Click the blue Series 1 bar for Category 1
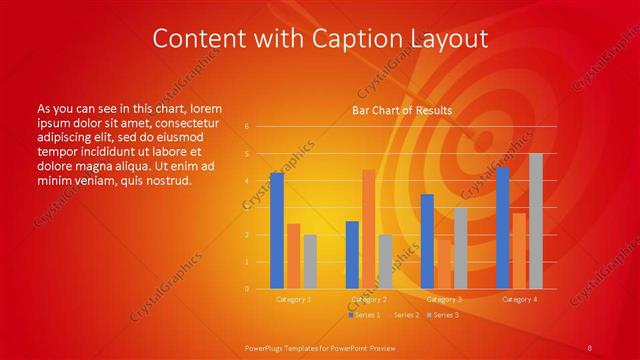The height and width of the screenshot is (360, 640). (276, 231)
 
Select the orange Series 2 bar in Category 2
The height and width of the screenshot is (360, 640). (368, 229)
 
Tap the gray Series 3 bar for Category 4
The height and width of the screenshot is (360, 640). (535, 221)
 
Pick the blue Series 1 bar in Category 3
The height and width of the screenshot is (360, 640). (427, 241)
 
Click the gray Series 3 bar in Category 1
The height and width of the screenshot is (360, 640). (310, 262)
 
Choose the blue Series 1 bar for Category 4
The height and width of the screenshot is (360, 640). (502, 228)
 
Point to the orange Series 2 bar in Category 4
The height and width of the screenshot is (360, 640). (518, 251)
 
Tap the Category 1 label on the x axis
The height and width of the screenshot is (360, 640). (293, 299)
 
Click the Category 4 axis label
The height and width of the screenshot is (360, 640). (519, 299)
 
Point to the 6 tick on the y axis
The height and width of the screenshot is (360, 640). (247, 127)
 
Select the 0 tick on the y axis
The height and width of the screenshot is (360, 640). (247, 289)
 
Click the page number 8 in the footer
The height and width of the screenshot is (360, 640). (590, 348)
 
